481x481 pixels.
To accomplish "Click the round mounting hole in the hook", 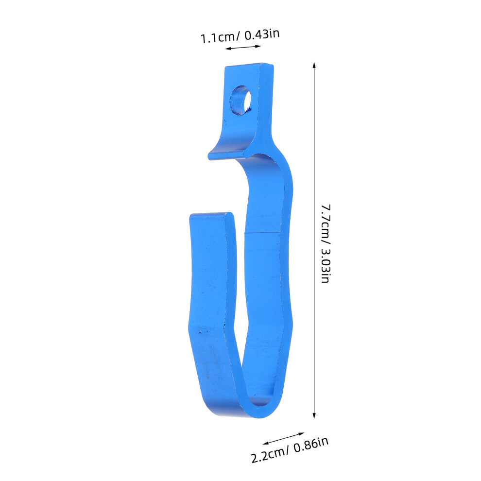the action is tap(241, 100).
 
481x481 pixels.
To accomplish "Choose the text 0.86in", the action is tap(311, 444).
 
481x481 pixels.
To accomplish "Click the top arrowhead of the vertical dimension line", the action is tap(314, 65).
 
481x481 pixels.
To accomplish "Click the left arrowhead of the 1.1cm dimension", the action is tap(227, 49).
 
